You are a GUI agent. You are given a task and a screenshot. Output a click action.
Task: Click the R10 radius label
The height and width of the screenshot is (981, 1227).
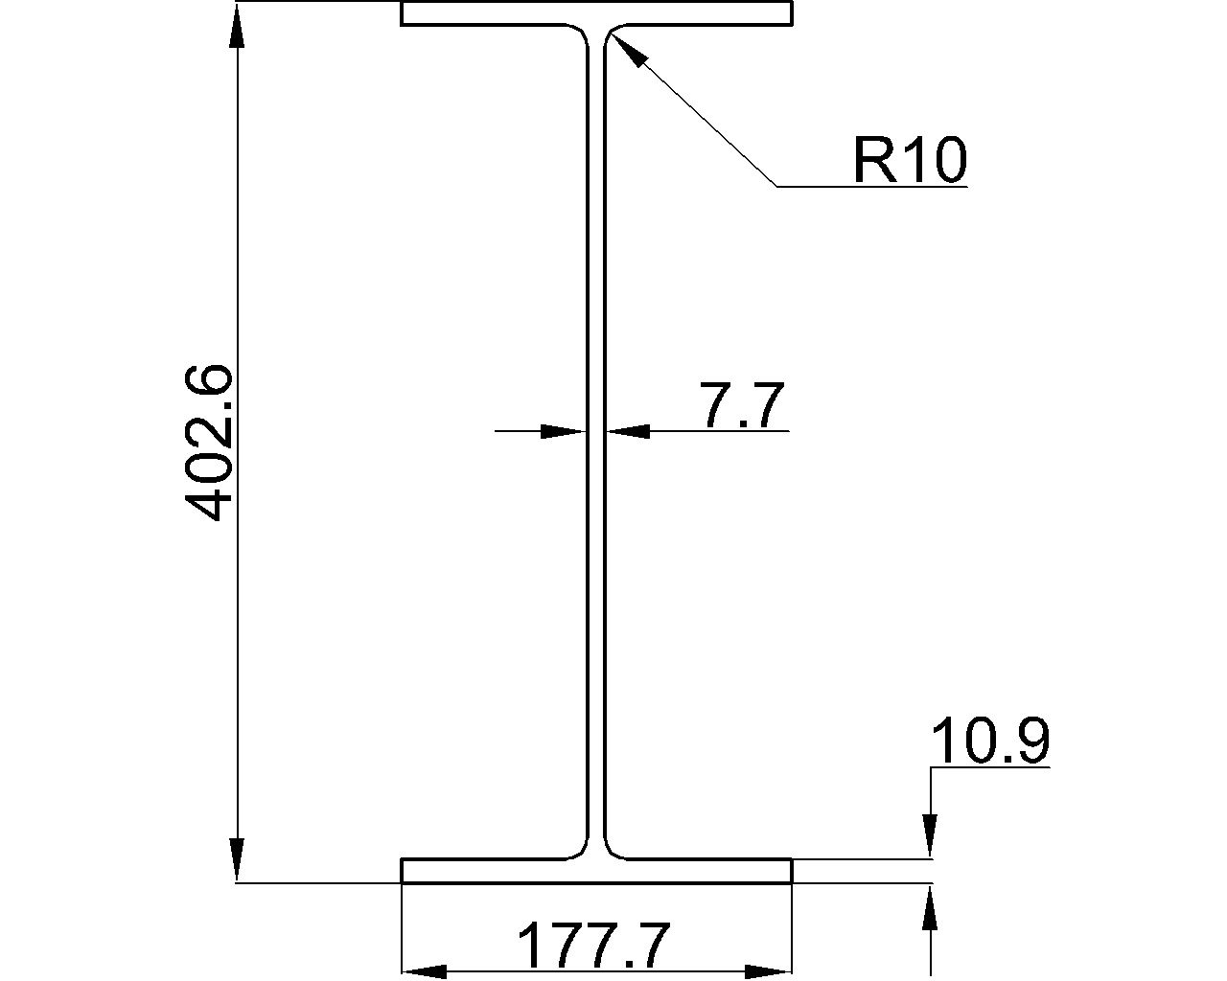point(909,159)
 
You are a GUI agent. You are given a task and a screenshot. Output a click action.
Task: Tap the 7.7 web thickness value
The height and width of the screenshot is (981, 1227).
point(742,406)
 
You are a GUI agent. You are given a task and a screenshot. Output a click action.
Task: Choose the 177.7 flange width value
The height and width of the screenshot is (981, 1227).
point(592,947)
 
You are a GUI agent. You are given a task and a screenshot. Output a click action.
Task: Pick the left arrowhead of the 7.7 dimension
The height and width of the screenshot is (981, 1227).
point(564,432)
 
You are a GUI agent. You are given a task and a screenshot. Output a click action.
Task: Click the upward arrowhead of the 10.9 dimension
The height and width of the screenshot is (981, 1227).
point(930,906)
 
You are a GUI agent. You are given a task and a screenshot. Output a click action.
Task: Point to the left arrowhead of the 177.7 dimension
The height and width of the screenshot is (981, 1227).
point(424,971)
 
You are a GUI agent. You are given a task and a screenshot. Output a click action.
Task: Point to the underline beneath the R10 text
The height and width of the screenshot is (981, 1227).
point(872,186)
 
